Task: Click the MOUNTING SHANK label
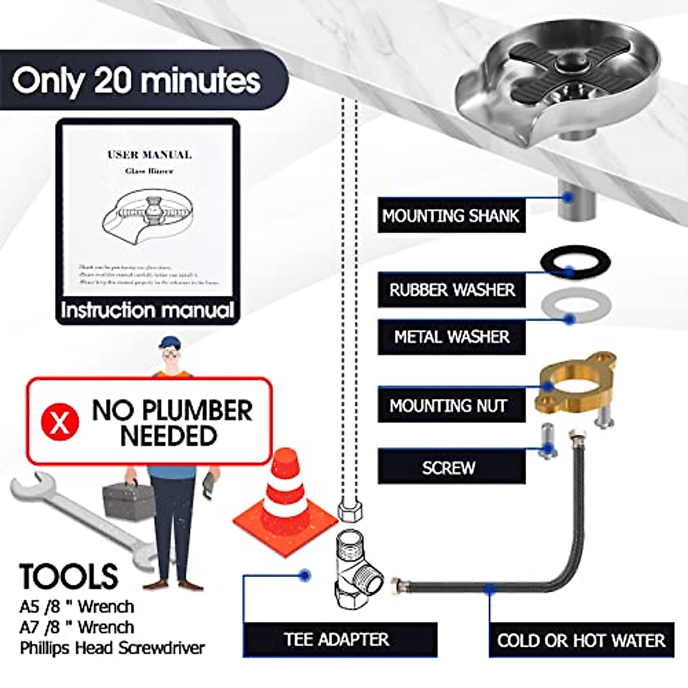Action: [451, 216]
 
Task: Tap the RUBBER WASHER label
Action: [452, 290]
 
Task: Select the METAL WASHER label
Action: [452, 337]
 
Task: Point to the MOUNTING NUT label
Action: [448, 406]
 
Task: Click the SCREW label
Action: [449, 468]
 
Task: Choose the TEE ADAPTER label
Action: [337, 639]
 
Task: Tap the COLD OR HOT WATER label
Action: [581, 640]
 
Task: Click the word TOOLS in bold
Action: [69, 576]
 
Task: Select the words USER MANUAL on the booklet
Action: [150, 155]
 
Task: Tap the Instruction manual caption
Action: [147, 310]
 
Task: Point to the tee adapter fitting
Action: [357, 568]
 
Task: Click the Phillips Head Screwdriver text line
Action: [112, 648]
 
